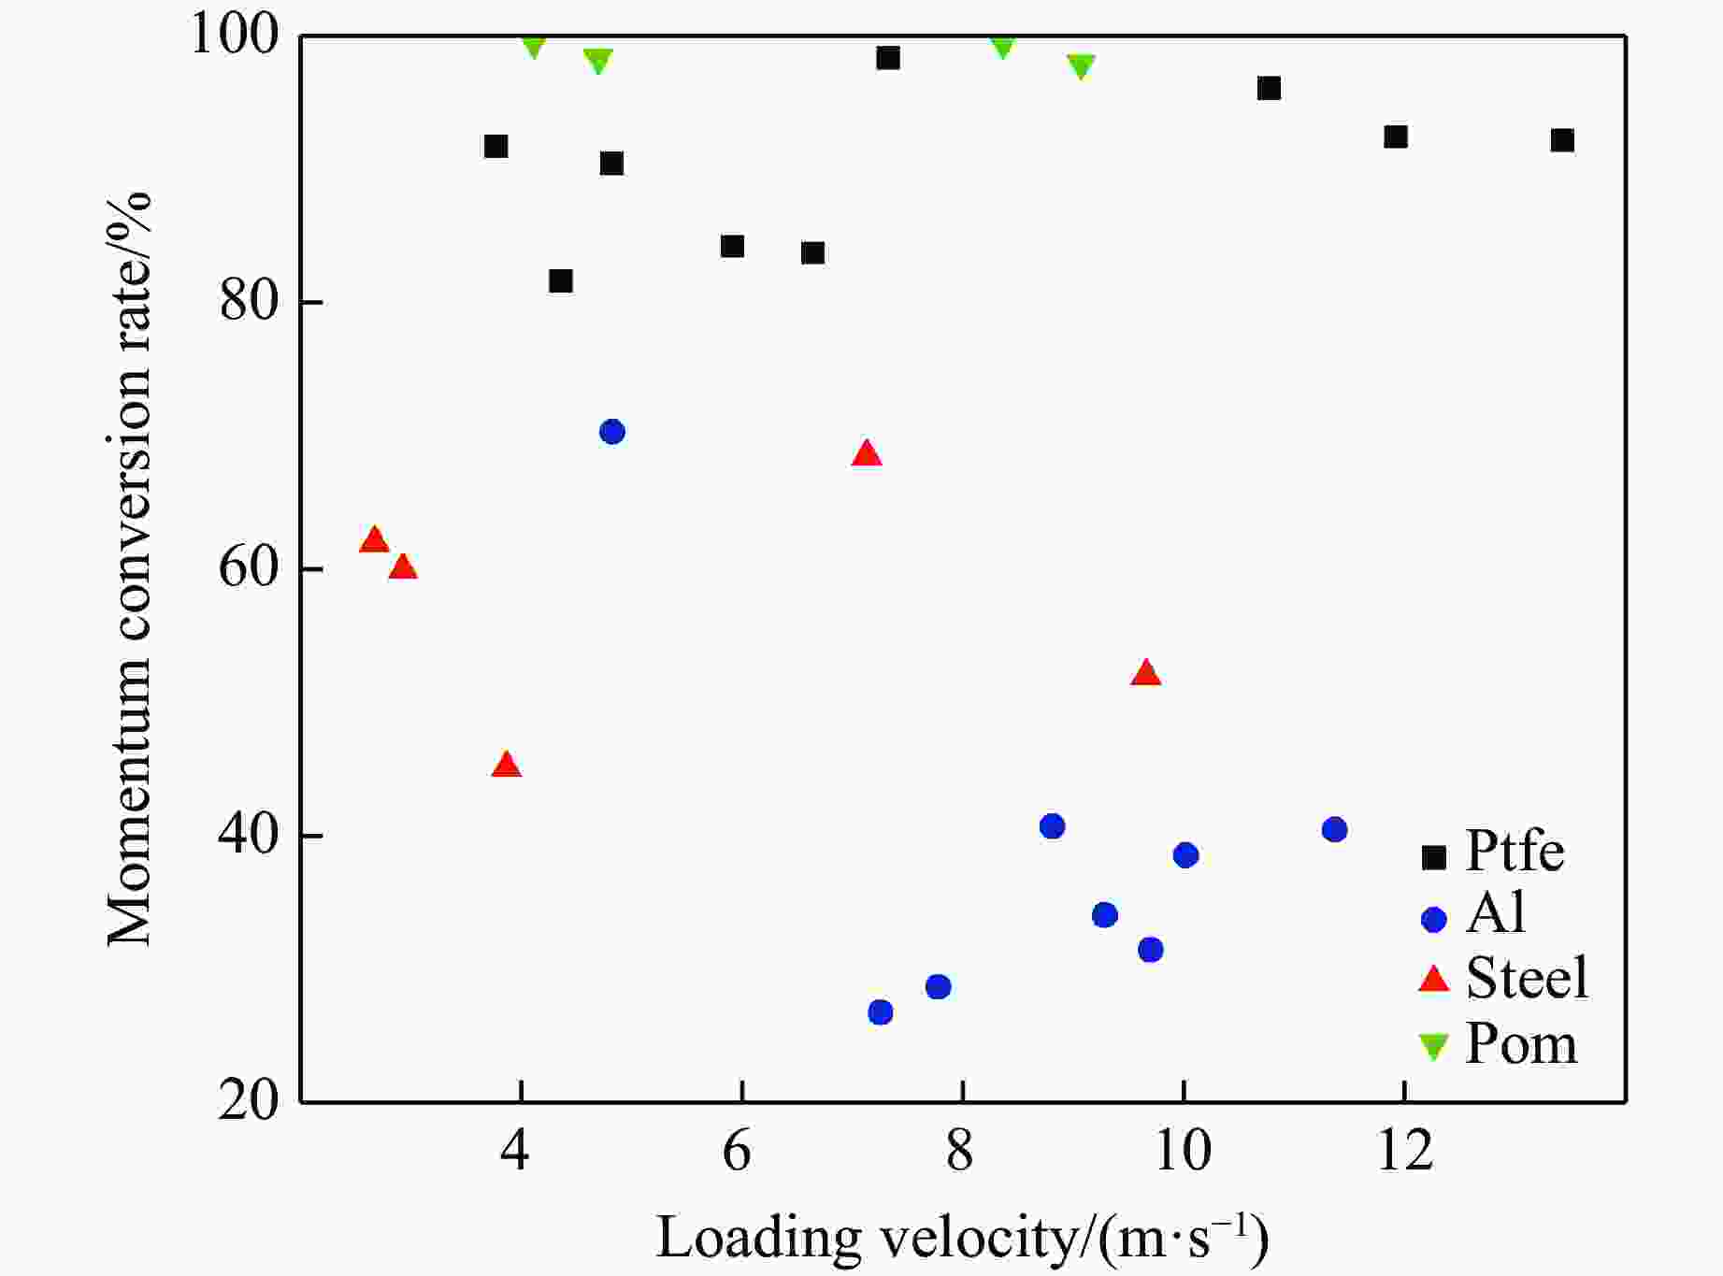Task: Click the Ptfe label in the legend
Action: click(1515, 851)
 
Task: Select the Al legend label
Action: click(1496, 912)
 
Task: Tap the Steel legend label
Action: click(1527, 978)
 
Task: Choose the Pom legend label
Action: click(1521, 1043)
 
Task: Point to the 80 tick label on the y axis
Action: click(249, 303)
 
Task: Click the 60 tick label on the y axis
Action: click(249, 569)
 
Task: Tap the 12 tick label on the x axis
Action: click(1405, 1152)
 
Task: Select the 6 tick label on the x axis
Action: click(738, 1152)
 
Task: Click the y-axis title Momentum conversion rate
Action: click(128, 569)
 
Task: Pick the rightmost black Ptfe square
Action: click(1562, 140)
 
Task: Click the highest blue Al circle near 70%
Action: click(612, 432)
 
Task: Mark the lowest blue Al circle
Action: click(880, 1012)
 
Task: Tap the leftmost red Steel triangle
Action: click(374, 540)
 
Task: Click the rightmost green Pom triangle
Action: click(1081, 66)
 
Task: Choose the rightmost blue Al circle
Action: click(1334, 830)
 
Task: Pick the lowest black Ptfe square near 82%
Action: click(561, 280)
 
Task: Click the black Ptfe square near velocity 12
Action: click(1396, 137)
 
